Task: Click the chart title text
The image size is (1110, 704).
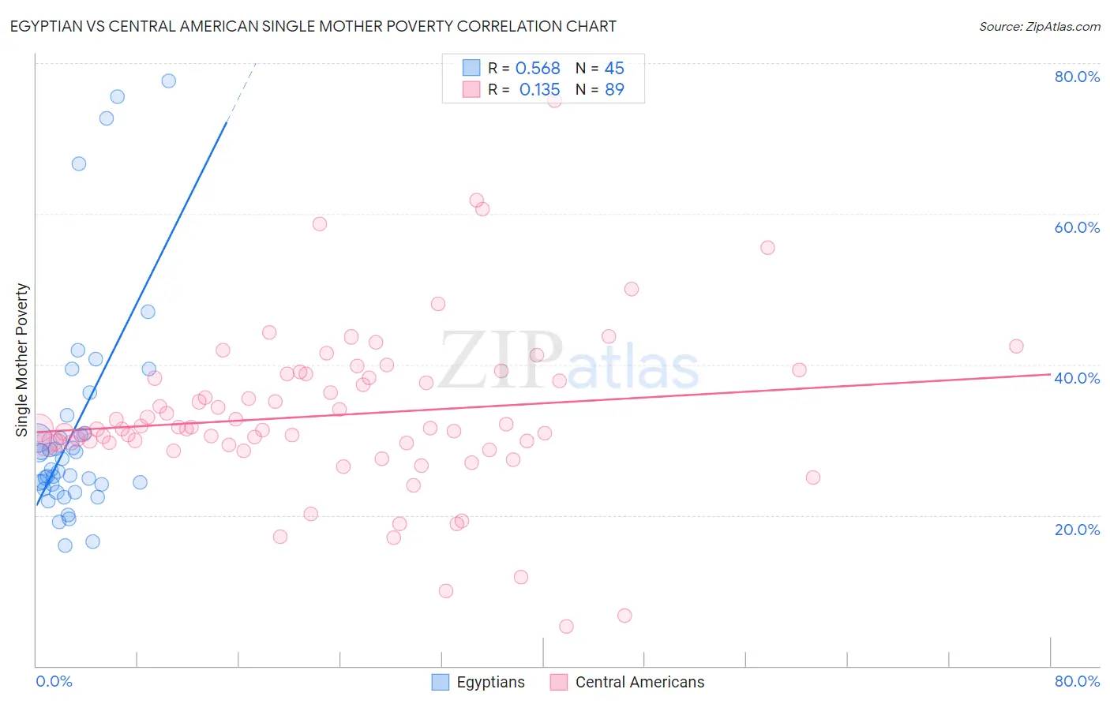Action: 313,26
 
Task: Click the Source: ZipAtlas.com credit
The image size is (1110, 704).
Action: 1039,27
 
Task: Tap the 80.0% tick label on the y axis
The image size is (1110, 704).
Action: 1077,77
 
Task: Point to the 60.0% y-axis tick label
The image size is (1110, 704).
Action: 1077,227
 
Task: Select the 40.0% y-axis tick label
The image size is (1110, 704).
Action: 1077,378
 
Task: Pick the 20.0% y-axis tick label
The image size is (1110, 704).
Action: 1077,530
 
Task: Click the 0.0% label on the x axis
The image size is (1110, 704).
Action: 54,681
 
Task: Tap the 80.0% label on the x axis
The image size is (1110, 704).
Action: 1077,681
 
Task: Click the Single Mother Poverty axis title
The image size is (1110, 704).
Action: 22,360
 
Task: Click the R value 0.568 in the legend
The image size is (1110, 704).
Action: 538,69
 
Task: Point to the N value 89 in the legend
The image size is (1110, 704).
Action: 614,90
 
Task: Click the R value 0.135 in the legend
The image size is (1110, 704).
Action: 539,90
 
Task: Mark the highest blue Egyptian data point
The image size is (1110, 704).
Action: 168,81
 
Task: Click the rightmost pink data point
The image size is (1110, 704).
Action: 1016,346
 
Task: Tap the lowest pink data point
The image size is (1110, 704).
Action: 566,627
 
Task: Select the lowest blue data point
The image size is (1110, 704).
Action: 66,545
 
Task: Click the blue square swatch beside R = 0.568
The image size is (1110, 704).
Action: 471,68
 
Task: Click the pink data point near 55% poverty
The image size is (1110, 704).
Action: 767,248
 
